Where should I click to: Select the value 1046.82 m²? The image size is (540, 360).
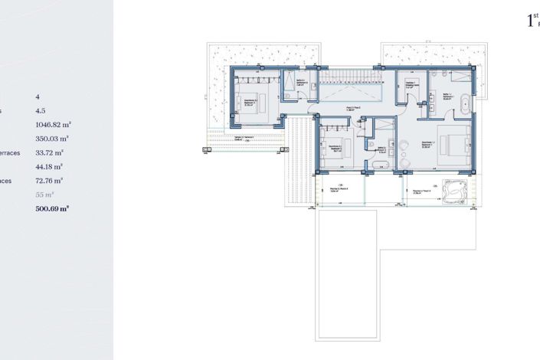coord(54,124)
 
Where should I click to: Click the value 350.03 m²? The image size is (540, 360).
coord(52,139)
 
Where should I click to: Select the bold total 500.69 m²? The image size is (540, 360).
coord(52,208)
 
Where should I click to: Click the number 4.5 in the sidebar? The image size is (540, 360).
coord(41,110)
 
